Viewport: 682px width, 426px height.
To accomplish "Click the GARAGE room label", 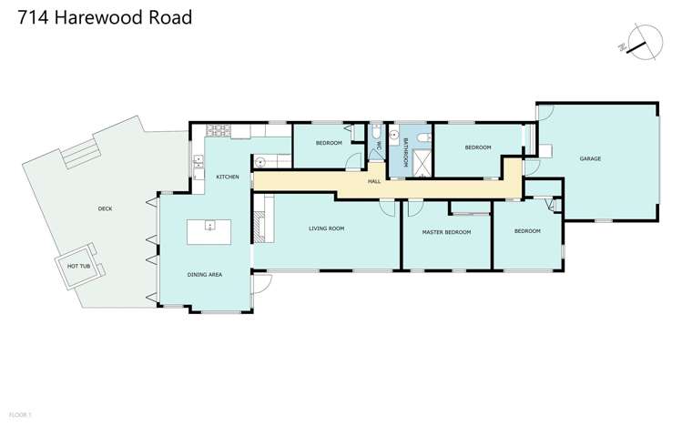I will pyautogui.click(x=590, y=159).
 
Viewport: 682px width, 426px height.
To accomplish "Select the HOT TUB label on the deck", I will pyautogui.click(x=79, y=266).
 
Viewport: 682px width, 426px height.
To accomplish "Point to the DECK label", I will pyautogui.click(x=105, y=208).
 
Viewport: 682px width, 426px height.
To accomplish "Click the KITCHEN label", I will pyautogui.click(x=228, y=177).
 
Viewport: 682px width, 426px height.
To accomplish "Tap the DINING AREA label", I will pyautogui.click(x=204, y=274).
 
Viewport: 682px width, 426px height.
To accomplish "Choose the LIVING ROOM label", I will pyautogui.click(x=326, y=228).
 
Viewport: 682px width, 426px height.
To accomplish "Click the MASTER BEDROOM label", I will pyautogui.click(x=446, y=232).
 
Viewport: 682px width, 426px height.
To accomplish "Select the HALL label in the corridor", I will pyautogui.click(x=373, y=182).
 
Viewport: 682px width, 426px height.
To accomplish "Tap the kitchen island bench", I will pyautogui.click(x=210, y=231).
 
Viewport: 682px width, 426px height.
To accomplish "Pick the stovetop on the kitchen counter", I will pyautogui.click(x=218, y=130).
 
